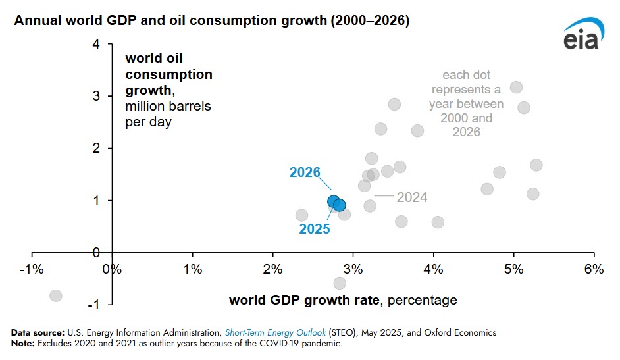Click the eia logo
pyautogui.click(x=582, y=38)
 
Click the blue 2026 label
pyautogui.click(x=305, y=173)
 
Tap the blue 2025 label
pyautogui.click(x=314, y=229)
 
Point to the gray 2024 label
pyautogui.click(x=411, y=197)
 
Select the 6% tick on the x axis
pyautogui.click(x=594, y=269)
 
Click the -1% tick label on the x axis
pyautogui.click(x=31, y=269)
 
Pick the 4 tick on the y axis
pyautogui.click(x=97, y=45)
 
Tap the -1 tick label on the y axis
pyautogui.click(x=94, y=305)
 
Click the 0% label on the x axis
pyautogui.click(x=112, y=269)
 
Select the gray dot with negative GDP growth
pyautogui.click(x=56, y=296)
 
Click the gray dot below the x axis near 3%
pyautogui.click(x=340, y=284)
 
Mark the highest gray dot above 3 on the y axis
pyautogui.click(x=516, y=88)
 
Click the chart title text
pyautogui.click(x=212, y=21)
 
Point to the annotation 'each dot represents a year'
pyautogui.click(x=466, y=103)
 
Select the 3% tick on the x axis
pyautogui.click(x=353, y=269)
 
